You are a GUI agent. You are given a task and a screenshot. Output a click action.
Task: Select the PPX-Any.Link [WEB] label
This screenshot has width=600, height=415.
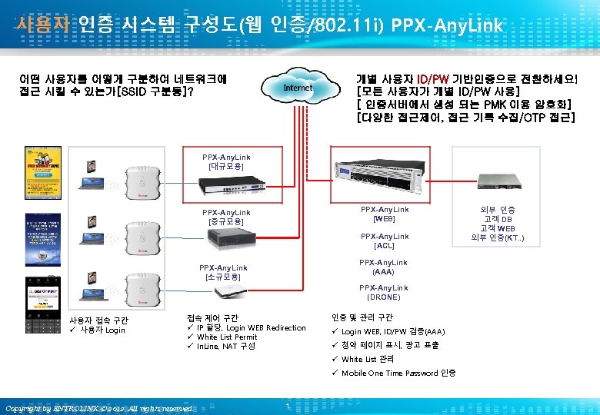click(x=385, y=214)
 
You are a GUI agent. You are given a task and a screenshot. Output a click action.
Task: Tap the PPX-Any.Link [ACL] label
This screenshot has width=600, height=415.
click(x=385, y=241)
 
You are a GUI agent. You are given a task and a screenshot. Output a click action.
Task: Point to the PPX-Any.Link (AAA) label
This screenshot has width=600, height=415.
click(x=385, y=267)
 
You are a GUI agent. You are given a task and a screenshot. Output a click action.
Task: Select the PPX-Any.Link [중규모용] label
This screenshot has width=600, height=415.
click(x=225, y=217)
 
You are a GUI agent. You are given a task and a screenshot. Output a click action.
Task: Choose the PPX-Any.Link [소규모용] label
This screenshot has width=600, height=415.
click(x=222, y=272)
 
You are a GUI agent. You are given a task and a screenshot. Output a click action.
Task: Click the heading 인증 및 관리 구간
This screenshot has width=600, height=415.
click(x=362, y=317)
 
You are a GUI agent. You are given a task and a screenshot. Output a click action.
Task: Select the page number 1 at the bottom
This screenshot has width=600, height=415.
click(x=286, y=405)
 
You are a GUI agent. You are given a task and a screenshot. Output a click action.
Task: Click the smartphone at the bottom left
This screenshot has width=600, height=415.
click(x=38, y=305)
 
